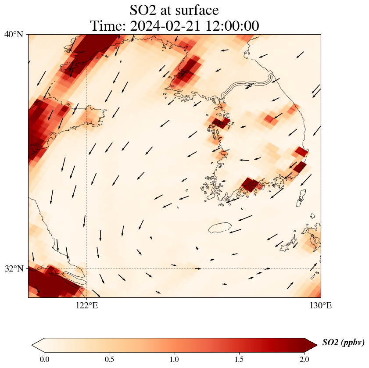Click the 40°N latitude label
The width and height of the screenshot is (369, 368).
pyautogui.click(x=14, y=34)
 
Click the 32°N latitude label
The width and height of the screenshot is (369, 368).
pyautogui.click(x=14, y=268)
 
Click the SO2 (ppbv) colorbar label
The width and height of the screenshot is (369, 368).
pyautogui.click(x=343, y=343)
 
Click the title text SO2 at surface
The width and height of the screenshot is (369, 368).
pyautogui.click(x=174, y=10)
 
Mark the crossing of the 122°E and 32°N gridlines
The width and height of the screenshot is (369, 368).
pyautogui.click(x=86, y=268)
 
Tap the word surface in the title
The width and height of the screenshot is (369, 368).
pyautogui.click(x=194, y=10)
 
